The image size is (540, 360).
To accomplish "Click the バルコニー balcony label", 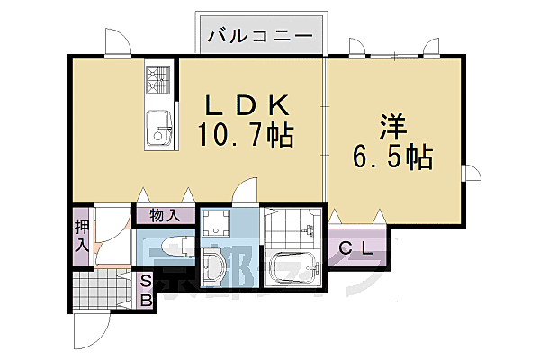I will pos(260,36).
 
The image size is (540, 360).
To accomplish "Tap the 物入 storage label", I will pos(166,215).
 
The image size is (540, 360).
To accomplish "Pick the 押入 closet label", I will pos(81,237).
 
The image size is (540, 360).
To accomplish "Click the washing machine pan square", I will pos(216,224).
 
